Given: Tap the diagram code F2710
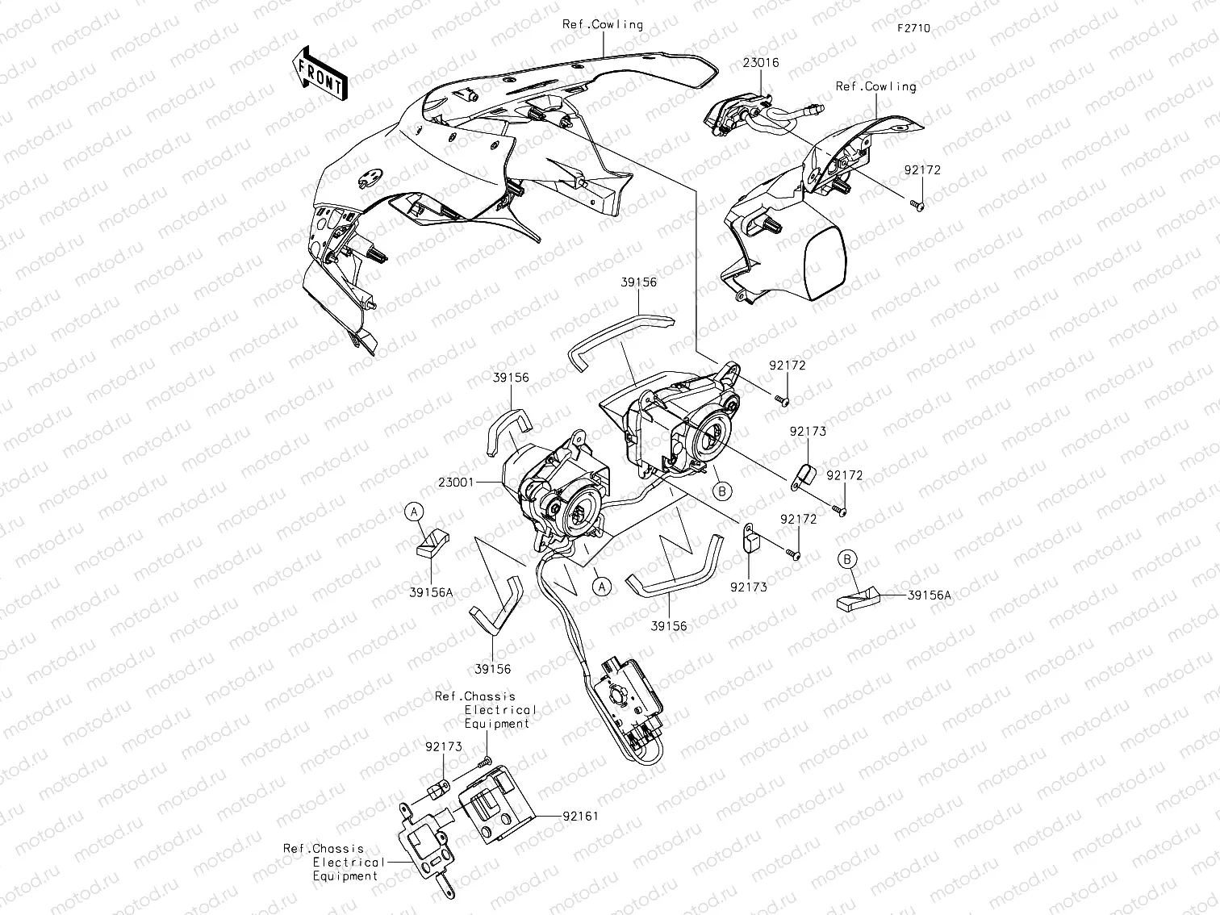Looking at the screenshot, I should pos(912,28).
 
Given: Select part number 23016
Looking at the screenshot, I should pos(760,62).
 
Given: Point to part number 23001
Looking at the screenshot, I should pos(457,482).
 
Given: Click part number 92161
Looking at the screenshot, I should pos(581,816).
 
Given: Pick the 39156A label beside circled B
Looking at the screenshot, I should pos(929,595).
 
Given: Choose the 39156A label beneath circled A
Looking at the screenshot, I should pos(431,592).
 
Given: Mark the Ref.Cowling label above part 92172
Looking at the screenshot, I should pos(875,86).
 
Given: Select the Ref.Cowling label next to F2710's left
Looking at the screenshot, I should pos(603,24).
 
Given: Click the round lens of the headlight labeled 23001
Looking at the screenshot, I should pos(579,513).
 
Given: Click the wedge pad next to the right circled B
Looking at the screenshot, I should pos(855,597).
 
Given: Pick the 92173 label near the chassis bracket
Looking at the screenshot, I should pos(444,746).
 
